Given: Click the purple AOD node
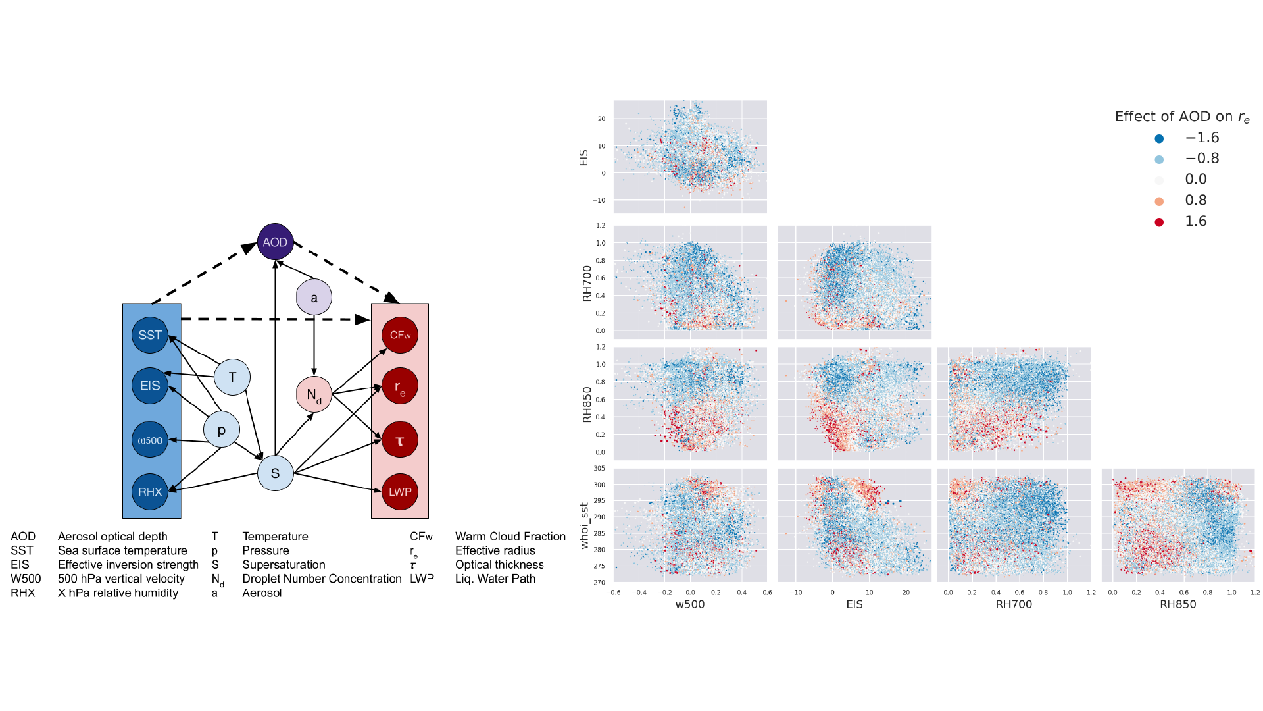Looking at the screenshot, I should (275, 242).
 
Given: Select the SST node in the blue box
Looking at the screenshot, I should (150, 335).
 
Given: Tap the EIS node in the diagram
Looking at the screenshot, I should (150, 386).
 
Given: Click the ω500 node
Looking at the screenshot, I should (150, 440).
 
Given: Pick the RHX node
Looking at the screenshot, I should (150, 492).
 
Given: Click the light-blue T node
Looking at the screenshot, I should (232, 377).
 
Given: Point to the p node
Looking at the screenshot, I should (221, 430).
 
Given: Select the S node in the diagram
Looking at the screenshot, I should (275, 473).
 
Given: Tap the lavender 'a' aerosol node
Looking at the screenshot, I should (314, 298).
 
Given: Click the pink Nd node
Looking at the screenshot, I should (314, 395).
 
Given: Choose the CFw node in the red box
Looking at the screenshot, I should (400, 335).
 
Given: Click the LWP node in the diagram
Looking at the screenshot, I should (400, 492).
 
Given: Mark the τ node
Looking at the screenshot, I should (400, 440).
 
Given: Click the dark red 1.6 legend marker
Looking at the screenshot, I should (1159, 222).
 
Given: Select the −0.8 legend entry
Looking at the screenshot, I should (1202, 159).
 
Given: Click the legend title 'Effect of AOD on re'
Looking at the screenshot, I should (1181, 117).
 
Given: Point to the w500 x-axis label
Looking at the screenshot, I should (690, 604).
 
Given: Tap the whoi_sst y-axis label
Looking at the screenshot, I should (584, 525).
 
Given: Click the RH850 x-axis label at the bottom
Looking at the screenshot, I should (1177, 604).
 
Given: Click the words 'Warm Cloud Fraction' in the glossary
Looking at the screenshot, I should (510, 537).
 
